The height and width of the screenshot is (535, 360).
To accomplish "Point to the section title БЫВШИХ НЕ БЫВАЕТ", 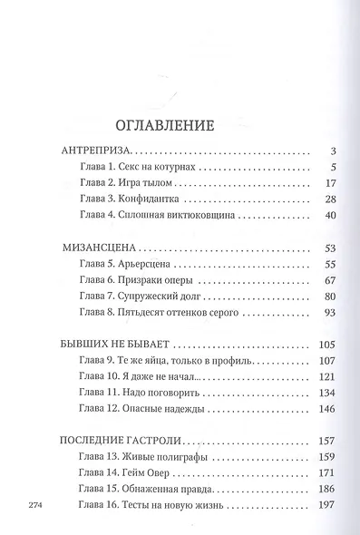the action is (113, 345).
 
